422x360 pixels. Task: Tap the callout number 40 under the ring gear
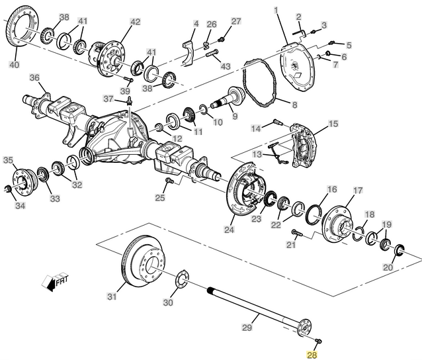(14, 65)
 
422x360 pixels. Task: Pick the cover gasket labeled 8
(258, 83)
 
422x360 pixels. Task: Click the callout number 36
(34, 77)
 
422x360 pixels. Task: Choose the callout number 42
(135, 22)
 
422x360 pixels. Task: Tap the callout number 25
(160, 197)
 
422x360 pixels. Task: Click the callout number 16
(332, 189)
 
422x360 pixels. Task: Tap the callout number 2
(298, 16)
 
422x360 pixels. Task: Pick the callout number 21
(291, 245)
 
